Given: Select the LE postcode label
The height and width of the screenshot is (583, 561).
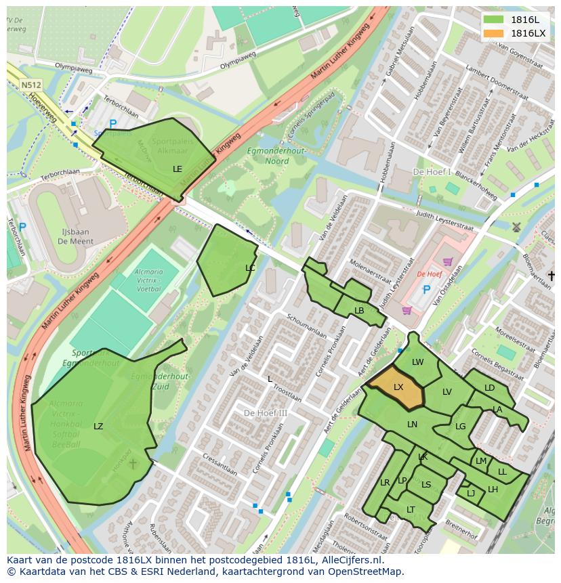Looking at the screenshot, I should [178, 169].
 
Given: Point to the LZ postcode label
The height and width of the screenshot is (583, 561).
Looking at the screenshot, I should [98, 427].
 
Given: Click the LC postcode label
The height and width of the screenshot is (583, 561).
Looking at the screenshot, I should [250, 268].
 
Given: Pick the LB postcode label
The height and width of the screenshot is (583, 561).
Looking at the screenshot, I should [359, 311].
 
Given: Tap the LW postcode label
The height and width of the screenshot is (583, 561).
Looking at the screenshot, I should [417, 362].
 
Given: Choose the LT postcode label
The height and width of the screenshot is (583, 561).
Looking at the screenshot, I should [411, 510].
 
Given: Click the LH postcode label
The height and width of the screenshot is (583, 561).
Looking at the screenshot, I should [493, 490].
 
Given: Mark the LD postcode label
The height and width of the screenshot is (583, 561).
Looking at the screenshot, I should [489, 388].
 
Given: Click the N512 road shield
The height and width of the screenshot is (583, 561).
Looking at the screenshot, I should [30, 85].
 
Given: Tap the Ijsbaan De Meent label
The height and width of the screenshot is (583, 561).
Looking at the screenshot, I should [75, 236].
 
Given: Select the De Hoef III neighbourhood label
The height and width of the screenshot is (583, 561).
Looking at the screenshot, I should [266, 413].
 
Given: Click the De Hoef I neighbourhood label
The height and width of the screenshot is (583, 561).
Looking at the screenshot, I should [432, 172].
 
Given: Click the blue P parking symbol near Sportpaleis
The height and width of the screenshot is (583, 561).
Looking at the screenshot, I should [112, 124].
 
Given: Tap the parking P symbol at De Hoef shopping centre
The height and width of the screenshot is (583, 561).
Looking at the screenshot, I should [426, 290].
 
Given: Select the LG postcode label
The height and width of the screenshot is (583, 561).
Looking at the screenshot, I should [460, 427].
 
